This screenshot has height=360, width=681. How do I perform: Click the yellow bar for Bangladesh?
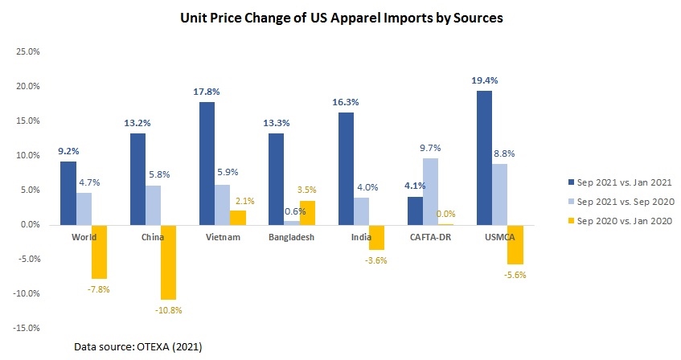[308, 212]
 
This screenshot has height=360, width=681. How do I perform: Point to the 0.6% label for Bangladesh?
[295, 211]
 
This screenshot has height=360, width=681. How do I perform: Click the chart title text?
[341, 18]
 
